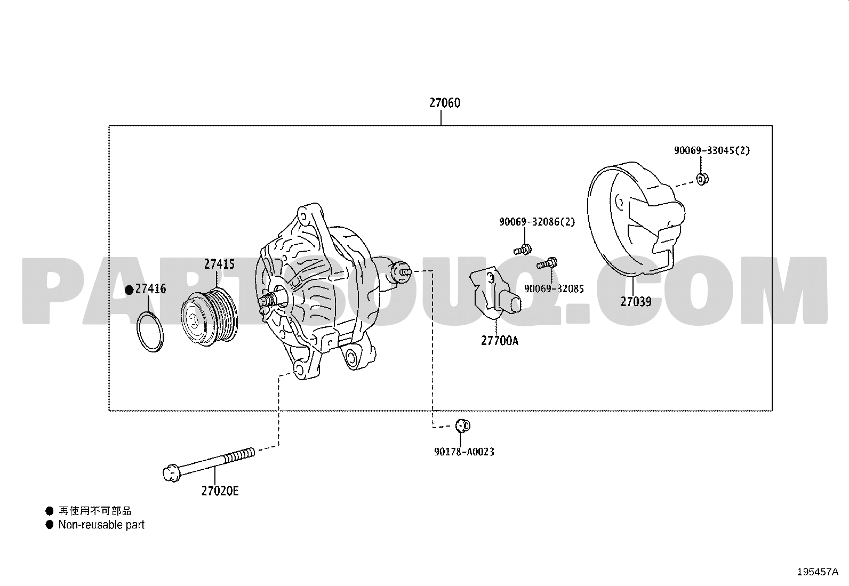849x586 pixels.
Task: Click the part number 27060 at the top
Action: [x=445, y=103]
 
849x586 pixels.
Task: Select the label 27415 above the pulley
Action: [x=220, y=264]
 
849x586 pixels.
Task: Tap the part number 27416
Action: [x=150, y=289]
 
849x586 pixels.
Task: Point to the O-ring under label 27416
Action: [x=150, y=332]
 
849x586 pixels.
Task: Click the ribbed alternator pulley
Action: [x=209, y=317]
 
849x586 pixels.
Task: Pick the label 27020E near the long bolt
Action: [x=220, y=491]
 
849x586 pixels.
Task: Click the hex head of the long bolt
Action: [x=171, y=473]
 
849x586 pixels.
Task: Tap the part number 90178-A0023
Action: [x=464, y=452]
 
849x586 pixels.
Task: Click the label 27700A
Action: [x=500, y=341]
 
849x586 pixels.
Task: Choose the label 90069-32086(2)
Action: [x=536, y=222]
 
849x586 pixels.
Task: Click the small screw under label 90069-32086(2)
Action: [x=523, y=250]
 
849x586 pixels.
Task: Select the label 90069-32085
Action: [x=554, y=289]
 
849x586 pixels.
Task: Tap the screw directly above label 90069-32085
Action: [x=547, y=263]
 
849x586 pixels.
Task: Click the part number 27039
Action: [x=636, y=302]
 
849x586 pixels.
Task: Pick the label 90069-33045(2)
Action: [x=712, y=150]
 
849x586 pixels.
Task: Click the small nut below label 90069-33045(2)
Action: [x=702, y=179]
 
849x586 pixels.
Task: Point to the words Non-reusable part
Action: [x=101, y=525]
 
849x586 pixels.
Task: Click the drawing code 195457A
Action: [x=818, y=572]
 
